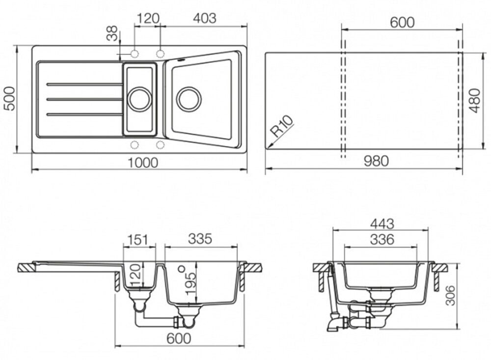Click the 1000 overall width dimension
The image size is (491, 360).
(x=143, y=163)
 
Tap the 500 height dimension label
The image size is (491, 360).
(x=10, y=99)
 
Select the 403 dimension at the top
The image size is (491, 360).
(x=204, y=18)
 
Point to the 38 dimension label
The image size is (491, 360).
(x=112, y=33)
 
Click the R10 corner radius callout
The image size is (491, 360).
(x=281, y=126)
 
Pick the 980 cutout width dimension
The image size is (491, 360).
(x=376, y=161)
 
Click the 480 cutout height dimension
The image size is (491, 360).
(x=475, y=101)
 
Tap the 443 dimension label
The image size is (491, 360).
(x=382, y=223)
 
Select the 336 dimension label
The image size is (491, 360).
(x=382, y=240)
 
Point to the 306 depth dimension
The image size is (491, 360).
(x=450, y=295)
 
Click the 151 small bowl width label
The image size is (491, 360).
(x=138, y=240)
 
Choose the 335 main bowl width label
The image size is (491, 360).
(x=200, y=239)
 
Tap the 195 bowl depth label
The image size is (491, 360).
(x=191, y=283)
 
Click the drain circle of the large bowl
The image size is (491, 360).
(x=189, y=99)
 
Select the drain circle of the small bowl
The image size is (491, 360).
(x=140, y=99)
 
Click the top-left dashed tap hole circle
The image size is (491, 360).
(x=135, y=54)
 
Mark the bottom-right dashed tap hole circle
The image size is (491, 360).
(x=161, y=145)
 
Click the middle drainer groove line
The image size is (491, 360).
(x=84, y=100)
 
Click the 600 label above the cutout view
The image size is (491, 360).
(x=403, y=23)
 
